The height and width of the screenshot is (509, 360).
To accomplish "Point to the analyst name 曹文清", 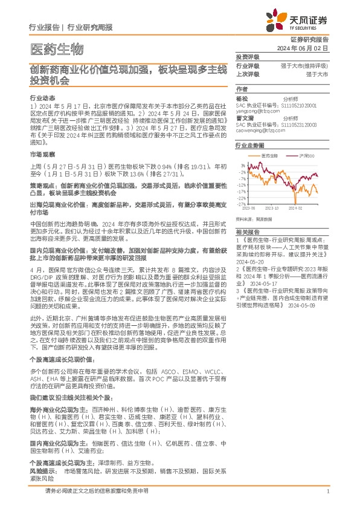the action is (x=244, y=118).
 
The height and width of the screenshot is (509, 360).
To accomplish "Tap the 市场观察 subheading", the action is (x=42, y=155).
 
